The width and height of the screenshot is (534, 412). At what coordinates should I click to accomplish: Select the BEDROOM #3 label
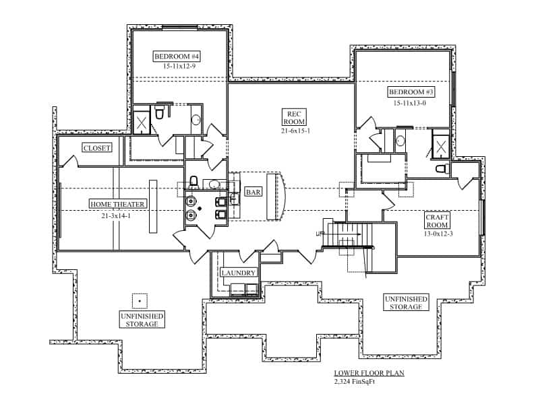click(x=411, y=92)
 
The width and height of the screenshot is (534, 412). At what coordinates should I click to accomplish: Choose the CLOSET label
click(x=96, y=147)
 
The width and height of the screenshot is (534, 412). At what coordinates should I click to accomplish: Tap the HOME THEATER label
click(x=117, y=204)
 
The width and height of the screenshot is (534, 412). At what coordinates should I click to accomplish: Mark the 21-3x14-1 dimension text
click(x=115, y=215)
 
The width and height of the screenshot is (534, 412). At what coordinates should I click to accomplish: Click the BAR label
click(x=254, y=193)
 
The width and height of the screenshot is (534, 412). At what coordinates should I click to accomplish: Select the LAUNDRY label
click(x=238, y=273)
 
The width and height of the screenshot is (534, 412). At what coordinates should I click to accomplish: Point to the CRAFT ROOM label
click(x=437, y=222)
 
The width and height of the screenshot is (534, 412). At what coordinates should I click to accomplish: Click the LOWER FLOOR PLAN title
click(x=369, y=373)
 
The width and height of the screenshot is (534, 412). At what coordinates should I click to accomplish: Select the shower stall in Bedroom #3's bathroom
click(x=441, y=146)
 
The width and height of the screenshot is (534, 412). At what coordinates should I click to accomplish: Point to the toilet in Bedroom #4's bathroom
click(x=160, y=113)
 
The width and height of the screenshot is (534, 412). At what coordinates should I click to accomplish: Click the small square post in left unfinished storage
click(x=139, y=300)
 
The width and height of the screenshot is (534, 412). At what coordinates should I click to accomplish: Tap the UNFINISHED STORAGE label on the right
click(x=407, y=302)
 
